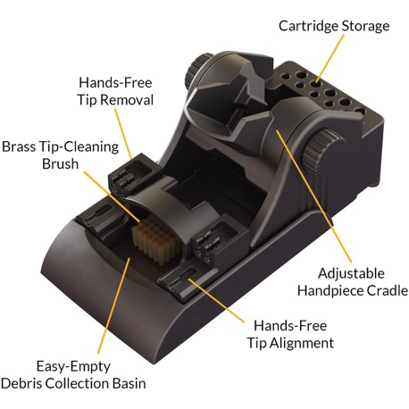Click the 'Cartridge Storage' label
point(334,26)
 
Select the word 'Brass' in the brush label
point(20,146)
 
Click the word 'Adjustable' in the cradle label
point(351,274)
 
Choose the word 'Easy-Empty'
point(73,367)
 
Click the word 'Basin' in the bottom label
point(129,383)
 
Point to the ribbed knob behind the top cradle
point(196,70)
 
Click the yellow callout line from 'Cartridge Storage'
point(330,58)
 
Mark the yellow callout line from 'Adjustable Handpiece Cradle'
point(313,196)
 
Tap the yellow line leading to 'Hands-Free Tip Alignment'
point(217,300)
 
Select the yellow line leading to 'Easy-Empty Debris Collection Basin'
point(114,305)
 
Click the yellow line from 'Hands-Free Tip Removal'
point(123,133)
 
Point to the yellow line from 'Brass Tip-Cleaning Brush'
point(111,196)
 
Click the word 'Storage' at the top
point(365,26)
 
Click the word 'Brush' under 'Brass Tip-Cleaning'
point(60,163)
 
